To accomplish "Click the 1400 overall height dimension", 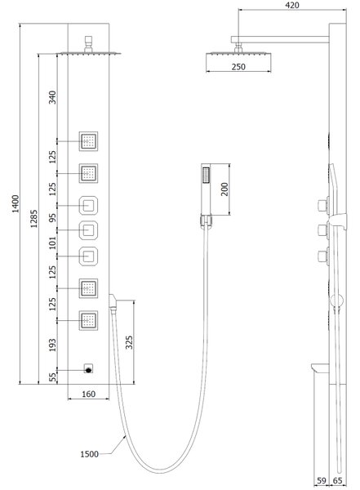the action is pyautogui.click(x=15, y=203).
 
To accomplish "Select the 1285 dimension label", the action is pyautogui.click(x=33, y=218).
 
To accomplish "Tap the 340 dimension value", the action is pyautogui.click(x=52, y=97).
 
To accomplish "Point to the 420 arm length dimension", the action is pyautogui.click(x=292, y=5).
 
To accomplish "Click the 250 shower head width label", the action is pyautogui.click(x=238, y=67).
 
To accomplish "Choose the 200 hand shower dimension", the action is pyautogui.click(x=224, y=189).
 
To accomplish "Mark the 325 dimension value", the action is pyautogui.click(x=129, y=342).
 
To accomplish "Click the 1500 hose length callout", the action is pyautogui.click(x=89, y=454).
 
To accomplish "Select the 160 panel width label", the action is pyautogui.click(x=88, y=394).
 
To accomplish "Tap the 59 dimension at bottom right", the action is pyautogui.click(x=322, y=481).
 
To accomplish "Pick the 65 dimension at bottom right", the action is pyautogui.click(x=338, y=481).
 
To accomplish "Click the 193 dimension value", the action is pyautogui.click(x=52, y=345).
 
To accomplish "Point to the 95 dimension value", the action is pyautogui.click(x=52, y=217).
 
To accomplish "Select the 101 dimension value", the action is pyautogui.click(x=52, y=243).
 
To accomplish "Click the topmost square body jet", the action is pyautogui.click(x=88, y=141).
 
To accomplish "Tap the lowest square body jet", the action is pyautogui.click(x=88, y=320).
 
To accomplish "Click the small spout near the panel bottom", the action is pyautogui.click(x=89, y=369).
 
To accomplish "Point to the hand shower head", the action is pyautogui.click(x=206, y=189).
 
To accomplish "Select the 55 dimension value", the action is pyautogui.click(x=53, y=377).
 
